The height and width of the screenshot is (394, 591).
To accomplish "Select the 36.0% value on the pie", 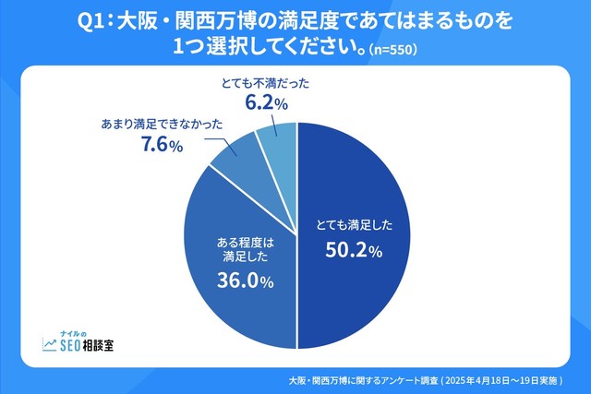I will pos(246,282).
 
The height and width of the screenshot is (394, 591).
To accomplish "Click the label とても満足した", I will pos(347,224).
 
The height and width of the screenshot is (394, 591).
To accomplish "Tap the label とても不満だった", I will pos(265,83).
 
